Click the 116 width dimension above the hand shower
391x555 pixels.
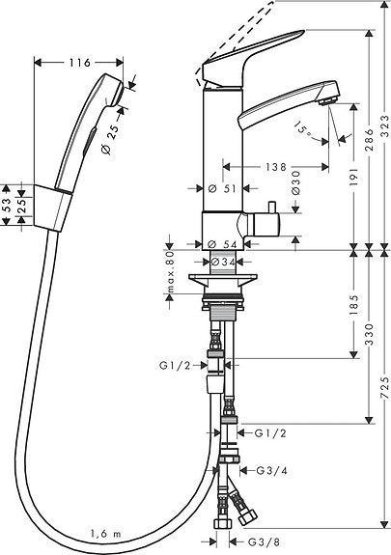tap(79, 63)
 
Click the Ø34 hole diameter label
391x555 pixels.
tap(222, 262)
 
